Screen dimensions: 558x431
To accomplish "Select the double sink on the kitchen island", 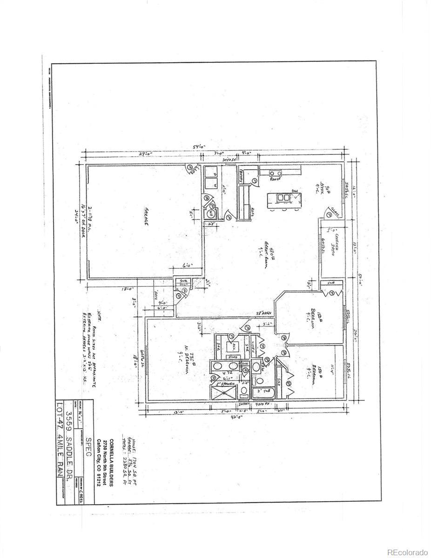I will pyautogui.click(x=283, y=198).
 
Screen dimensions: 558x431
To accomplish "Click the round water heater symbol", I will pyautogui.click(x=211, y=213).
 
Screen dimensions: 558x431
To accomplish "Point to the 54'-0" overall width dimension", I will pyautogui.click(x=200, y=147).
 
